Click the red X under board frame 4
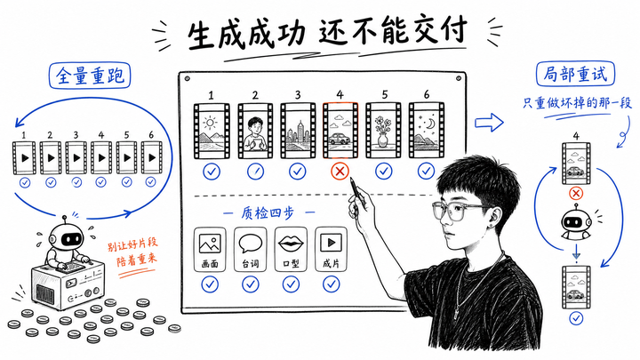point(340,172)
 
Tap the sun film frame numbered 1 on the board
point(212,131)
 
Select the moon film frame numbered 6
point(426,131)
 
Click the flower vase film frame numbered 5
point(383,131)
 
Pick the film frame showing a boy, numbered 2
point(255,131)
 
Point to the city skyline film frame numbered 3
point(298,131)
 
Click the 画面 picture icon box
point(210,250)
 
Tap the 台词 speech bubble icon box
point(250,250)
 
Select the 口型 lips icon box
point(291,250)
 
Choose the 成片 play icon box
point(331,250)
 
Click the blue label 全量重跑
point(90,76)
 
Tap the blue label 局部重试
point(575,74)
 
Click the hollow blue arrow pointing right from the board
point(489,122)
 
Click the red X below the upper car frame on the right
point(576,193)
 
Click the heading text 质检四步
point(268,213)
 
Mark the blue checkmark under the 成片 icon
point(331,284)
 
